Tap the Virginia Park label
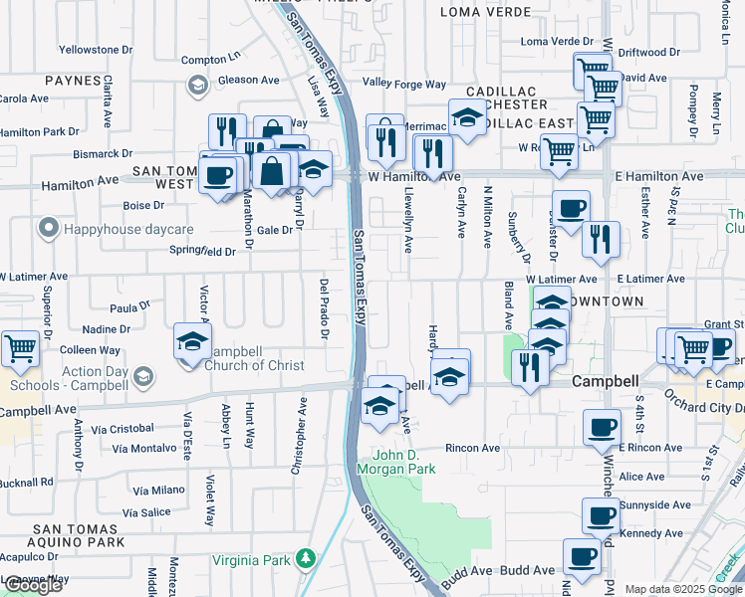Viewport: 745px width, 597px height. (255, 560)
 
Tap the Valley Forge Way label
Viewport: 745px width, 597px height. (404, 84)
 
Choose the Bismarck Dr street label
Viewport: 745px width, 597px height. (101, 154)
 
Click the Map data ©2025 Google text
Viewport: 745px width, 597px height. (683, 589)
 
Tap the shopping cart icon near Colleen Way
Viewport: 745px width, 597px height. (20, 349)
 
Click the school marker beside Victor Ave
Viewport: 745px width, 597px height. (192, 342)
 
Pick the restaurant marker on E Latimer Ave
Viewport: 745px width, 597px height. (601, 240)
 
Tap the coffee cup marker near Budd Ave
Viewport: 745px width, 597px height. (582, 557)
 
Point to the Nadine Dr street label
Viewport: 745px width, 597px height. (107, 328)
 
